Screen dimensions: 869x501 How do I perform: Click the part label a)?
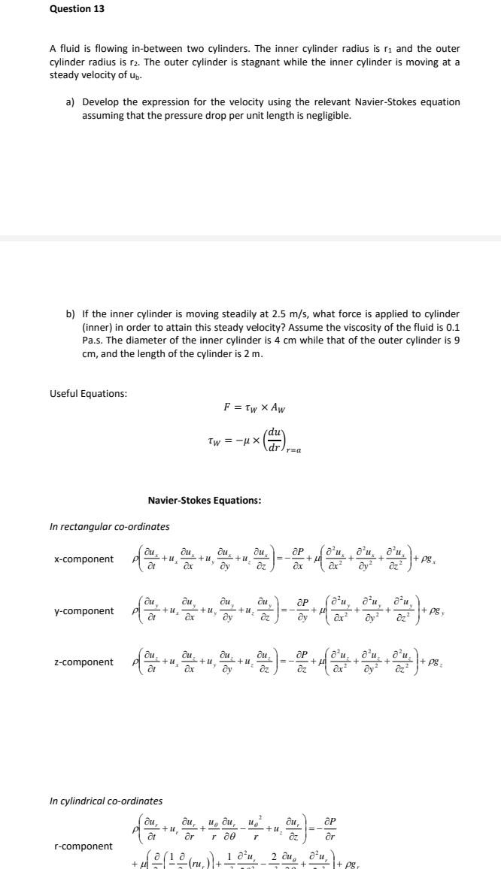point(71,101)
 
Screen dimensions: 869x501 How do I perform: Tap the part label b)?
point(71,313)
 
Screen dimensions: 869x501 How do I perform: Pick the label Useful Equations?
point(88,394)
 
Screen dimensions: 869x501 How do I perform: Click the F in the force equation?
point(227,408)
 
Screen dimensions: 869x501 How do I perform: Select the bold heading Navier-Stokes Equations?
point(205,501)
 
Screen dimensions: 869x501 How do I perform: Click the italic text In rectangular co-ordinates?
point(110,526)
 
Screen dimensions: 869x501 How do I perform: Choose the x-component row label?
point(84,559)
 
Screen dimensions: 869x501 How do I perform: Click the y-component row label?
point(84,611)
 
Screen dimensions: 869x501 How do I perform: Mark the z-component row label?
point(84,662)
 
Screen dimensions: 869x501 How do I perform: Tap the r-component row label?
point(83,846)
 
